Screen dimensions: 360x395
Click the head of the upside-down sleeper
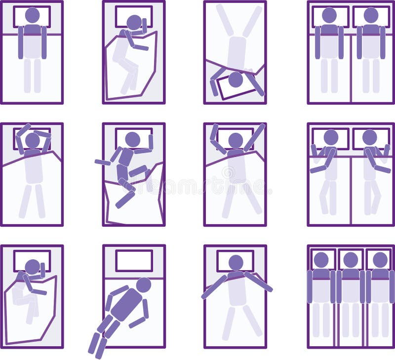point(236,79)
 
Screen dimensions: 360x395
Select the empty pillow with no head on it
point(134,260)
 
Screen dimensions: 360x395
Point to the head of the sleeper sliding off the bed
point(144,285)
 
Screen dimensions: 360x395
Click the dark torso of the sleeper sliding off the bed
point(127,304)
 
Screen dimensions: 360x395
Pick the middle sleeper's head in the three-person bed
point(351,260)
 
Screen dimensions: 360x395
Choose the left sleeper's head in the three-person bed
point(321,260)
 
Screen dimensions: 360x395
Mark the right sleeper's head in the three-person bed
point(380,260)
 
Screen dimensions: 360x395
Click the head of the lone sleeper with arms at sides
point(32,15)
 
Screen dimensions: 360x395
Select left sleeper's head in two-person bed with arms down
point(329,15)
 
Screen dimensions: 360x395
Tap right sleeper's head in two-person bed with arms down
point(371,15)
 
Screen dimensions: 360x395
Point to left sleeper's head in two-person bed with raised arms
point(330,137)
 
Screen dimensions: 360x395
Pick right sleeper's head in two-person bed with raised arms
point(370,137)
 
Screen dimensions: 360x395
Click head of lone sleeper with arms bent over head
point(32,140)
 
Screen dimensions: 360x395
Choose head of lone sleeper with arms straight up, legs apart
point(236,140)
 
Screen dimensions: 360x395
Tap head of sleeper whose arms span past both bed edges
point(236,262)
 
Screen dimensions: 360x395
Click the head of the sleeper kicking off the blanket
point(132,139)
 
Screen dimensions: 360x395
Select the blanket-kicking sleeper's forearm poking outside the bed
point(102,162)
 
